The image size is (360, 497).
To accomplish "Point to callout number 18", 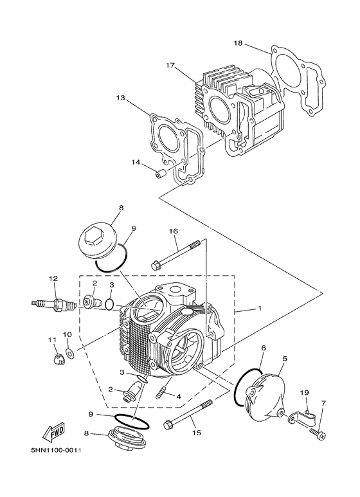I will [x=238, y=44].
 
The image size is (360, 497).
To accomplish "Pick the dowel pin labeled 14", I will [x=163, y=172].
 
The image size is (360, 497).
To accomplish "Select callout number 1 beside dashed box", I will [x=260, y=308].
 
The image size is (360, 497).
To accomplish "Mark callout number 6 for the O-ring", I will [x=263, y=347].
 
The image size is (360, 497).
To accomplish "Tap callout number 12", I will [x=53, y=278].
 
